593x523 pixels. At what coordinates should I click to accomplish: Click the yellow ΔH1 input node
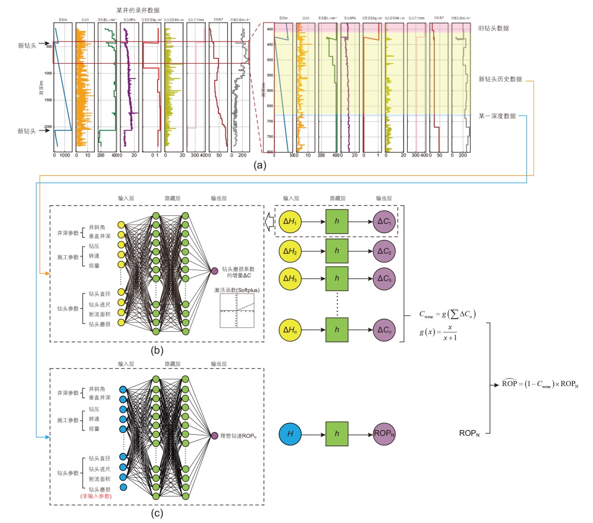click(x=290, y=222)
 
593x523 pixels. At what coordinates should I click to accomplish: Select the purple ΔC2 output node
click(x=384, y=251)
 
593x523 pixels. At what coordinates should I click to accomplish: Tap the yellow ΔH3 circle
click(x=290, y=279)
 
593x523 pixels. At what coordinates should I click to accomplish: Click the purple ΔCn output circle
click(x=384, y=330)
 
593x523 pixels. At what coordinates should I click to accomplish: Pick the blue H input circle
click(x=290, y=434)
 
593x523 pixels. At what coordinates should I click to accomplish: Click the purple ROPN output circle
click(x=384, y=434)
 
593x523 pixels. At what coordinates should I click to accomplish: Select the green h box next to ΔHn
click(x=337, y=330)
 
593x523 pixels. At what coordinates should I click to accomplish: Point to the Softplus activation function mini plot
click(x=237, y=311)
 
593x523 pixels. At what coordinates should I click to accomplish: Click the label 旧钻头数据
click(x=493, y=29)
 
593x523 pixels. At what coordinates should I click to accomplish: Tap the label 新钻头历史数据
click(x=500, y=79)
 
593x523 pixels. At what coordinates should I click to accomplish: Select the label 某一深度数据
click(x=497, y=116)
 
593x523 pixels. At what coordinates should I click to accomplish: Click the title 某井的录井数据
click(x=138, y=10)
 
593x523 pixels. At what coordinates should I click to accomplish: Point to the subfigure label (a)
click(x=260, y=165)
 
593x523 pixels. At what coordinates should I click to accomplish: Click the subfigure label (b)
click(x=157, y=351)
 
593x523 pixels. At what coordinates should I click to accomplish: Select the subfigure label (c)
click(x=157, y=513)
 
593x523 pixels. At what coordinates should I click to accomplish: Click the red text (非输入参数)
click(x=96, y=496)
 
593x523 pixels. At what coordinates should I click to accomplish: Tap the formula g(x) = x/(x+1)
click(x=438, y=332)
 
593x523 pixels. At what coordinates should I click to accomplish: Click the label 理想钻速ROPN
click(x=238, y=436)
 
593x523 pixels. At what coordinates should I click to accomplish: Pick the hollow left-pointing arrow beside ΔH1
click(x=269, y=222)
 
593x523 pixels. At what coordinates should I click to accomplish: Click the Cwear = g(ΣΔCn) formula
click(x=447, y=315)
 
